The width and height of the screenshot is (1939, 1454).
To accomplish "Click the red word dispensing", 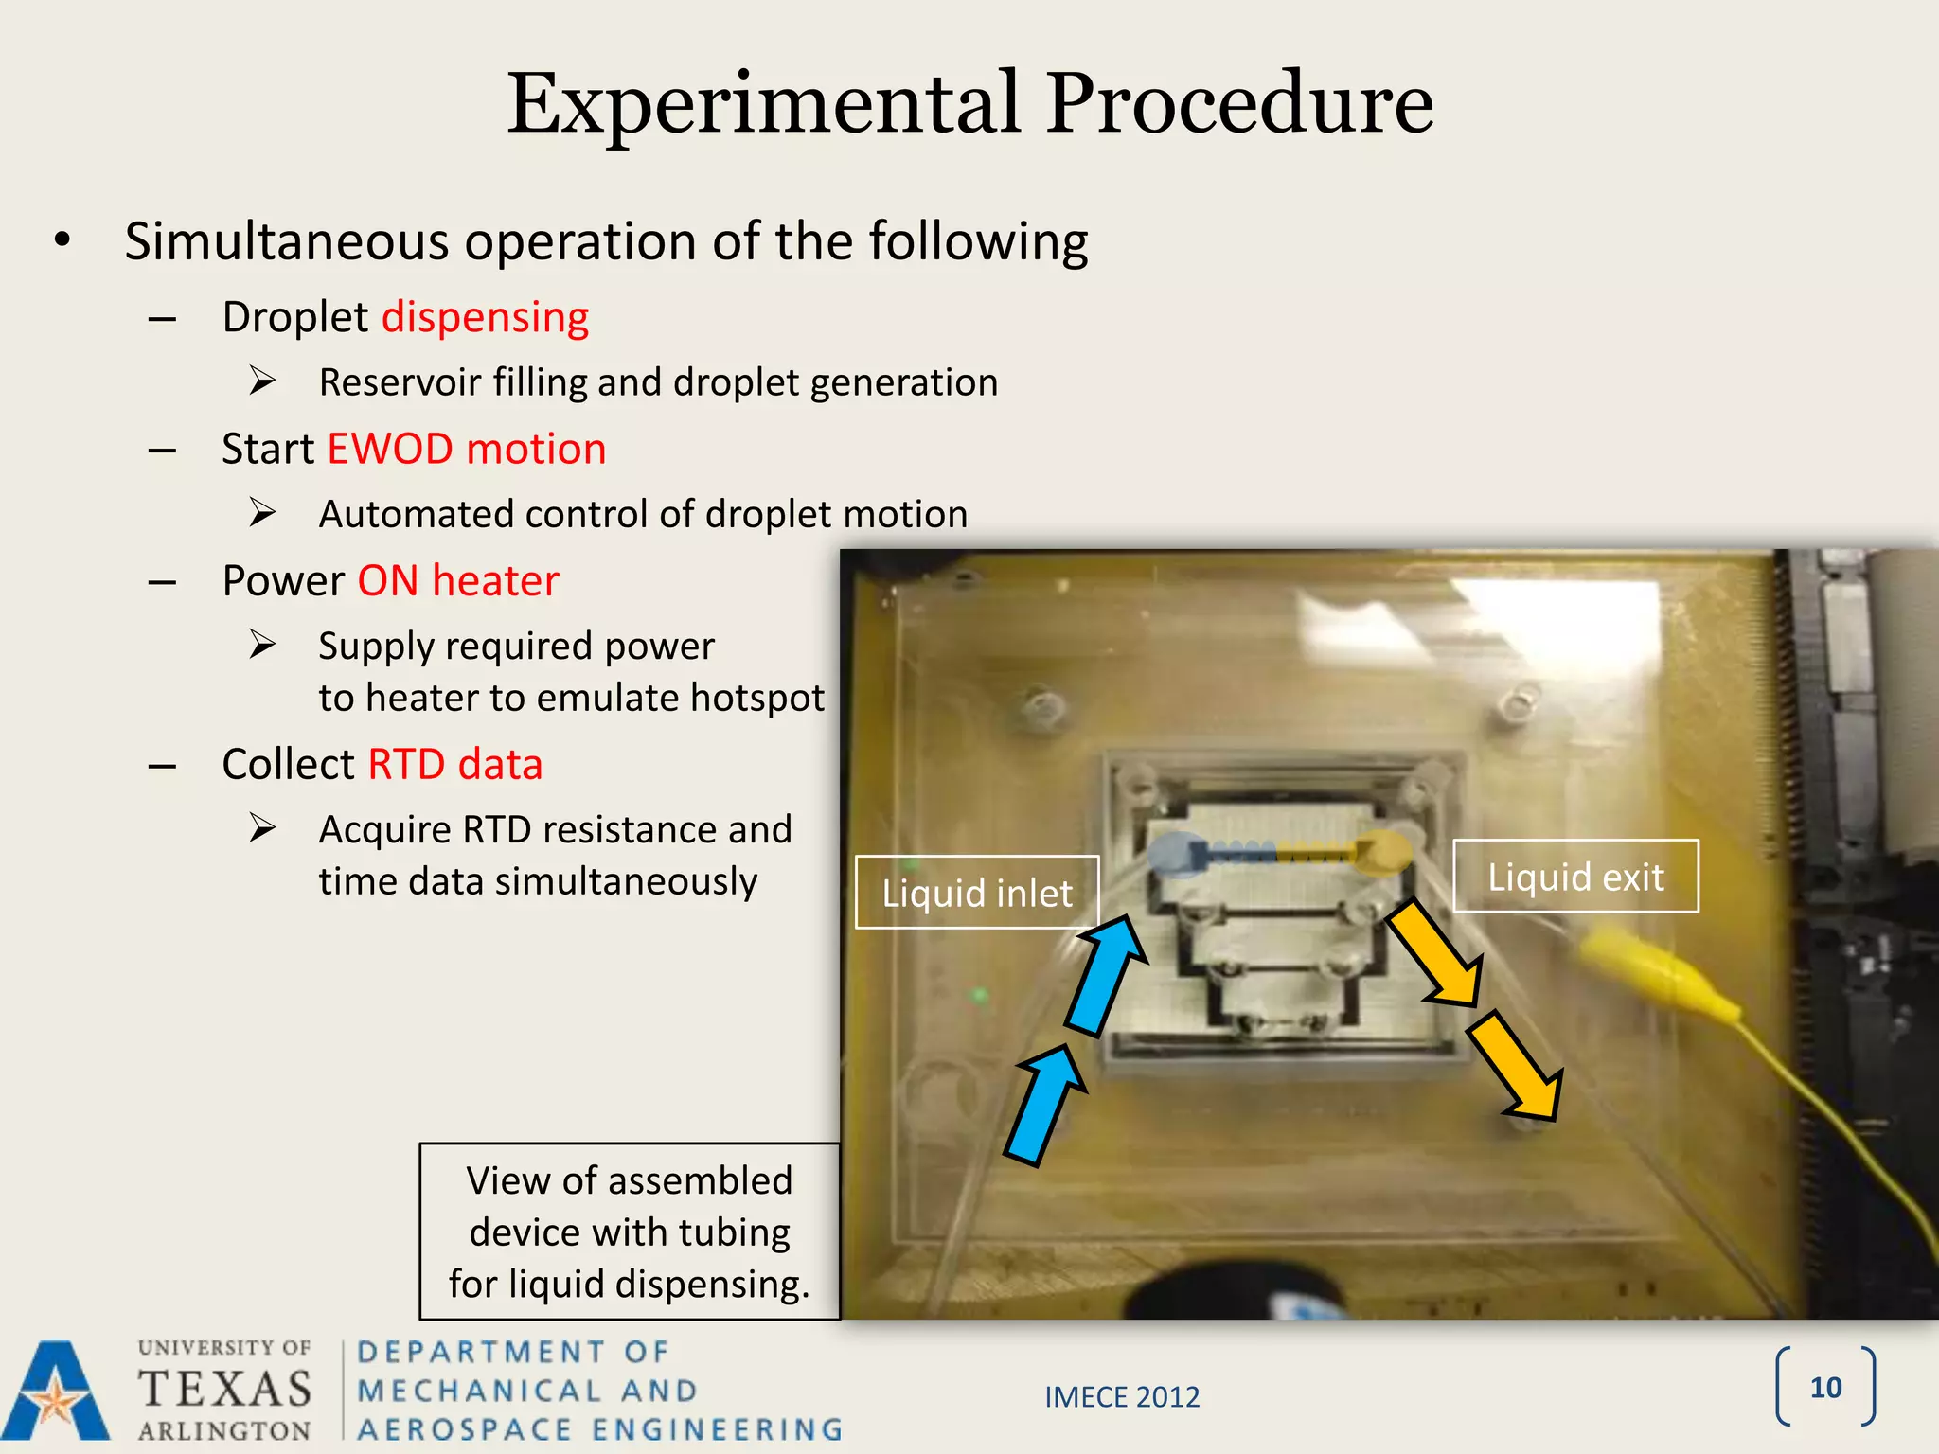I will point(485,317).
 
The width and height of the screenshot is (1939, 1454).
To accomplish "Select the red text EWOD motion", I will point(466,449).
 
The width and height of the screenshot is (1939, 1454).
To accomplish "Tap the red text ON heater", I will point(458,580).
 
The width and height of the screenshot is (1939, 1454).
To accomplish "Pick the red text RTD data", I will point(454,764).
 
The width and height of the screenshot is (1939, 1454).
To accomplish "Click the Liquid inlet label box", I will point(976,893).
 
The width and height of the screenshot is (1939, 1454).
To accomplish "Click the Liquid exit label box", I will point(1575,877).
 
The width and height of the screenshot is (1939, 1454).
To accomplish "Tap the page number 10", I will point(1824,1388).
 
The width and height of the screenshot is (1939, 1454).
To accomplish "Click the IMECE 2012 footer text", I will point(1122,1397).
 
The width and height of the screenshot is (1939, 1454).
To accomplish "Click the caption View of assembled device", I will point(630,1232).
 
